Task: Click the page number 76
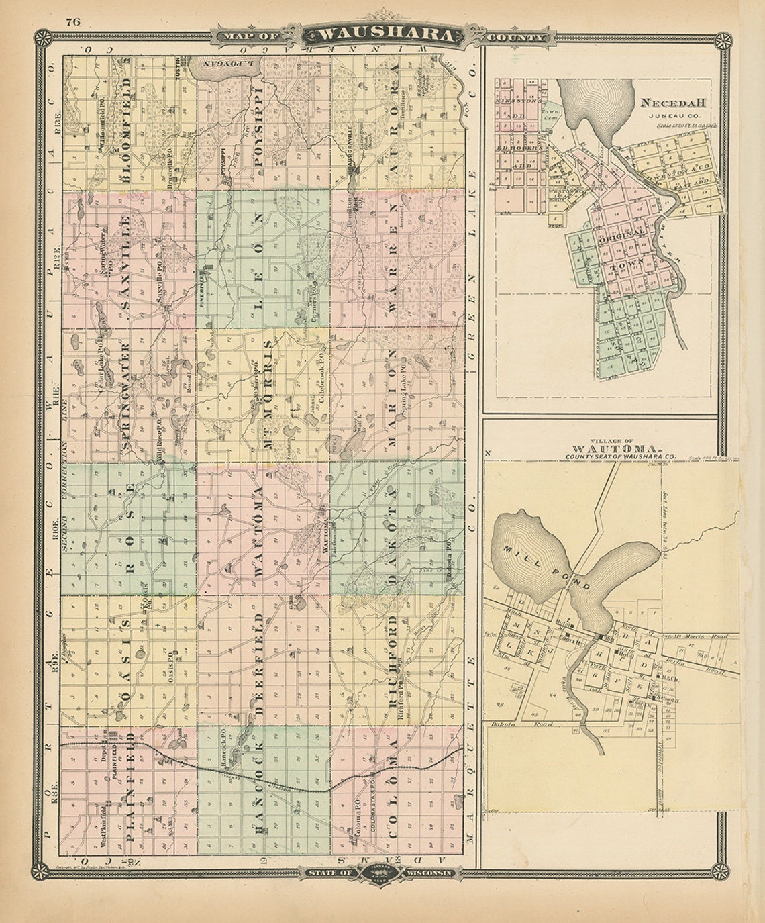(73, 21)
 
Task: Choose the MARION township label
(393, 396)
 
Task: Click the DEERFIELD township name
(260, 661)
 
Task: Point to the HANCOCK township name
(260, 792)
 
